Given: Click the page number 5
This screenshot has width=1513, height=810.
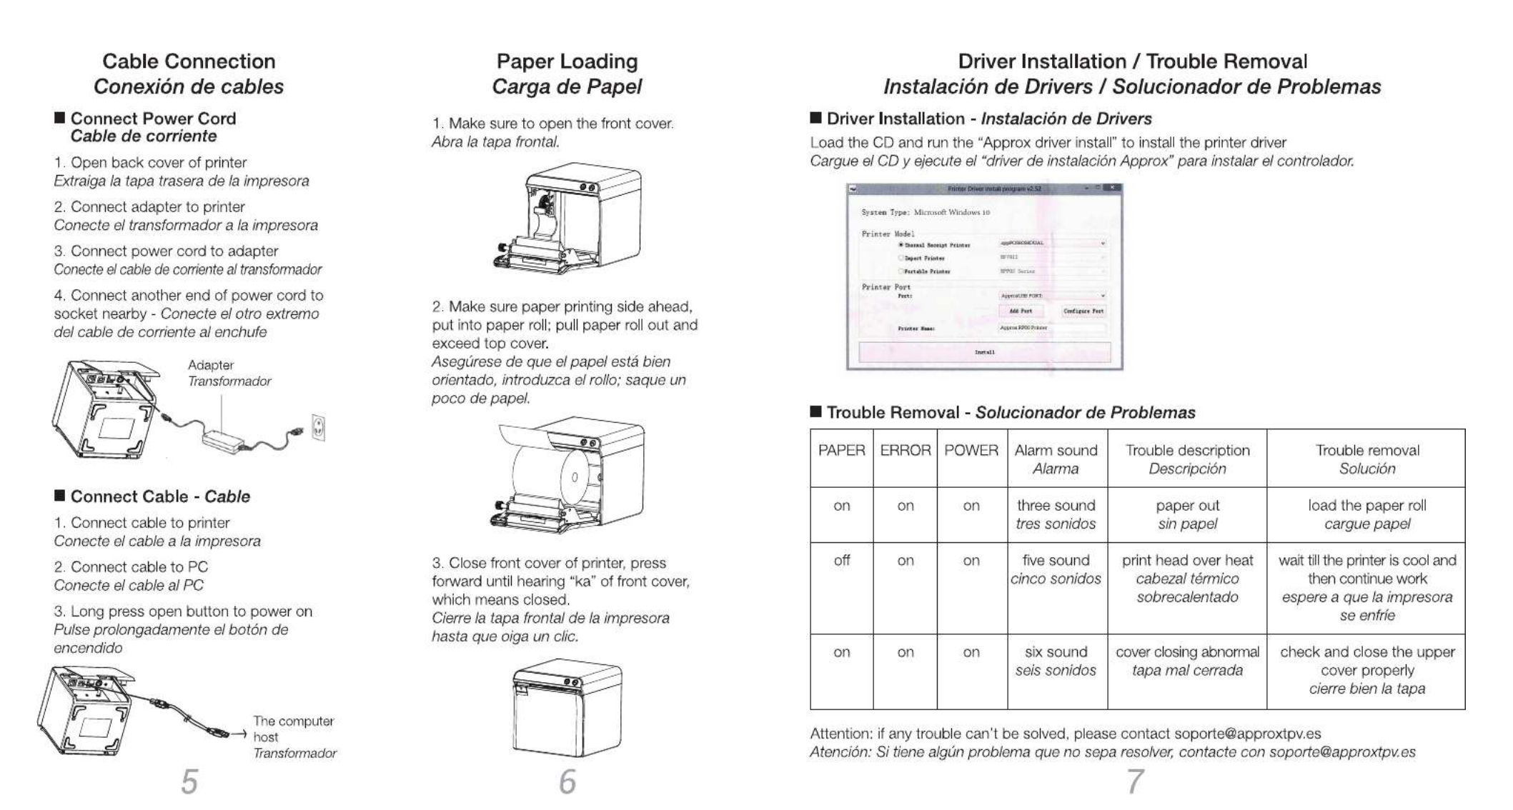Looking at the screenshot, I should pos(189,781).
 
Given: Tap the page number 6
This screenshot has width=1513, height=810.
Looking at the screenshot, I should pos(567,781).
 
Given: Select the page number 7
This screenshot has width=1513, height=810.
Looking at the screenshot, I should pos(1134,781).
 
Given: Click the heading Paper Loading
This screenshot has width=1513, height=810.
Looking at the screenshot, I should pos(567,61).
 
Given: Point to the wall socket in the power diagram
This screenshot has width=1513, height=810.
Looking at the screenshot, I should pos(319,427).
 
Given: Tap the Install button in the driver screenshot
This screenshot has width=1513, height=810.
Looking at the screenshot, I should pos(984,352).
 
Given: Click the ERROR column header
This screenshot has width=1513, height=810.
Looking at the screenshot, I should pos(905,451).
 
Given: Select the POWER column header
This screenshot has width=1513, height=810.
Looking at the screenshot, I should pos(971,451).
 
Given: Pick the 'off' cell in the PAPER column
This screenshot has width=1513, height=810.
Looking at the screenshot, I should pos(841,561).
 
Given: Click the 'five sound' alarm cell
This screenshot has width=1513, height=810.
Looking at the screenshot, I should pos(1056,561).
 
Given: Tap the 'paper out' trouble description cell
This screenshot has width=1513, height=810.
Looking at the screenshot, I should pos(1187,506).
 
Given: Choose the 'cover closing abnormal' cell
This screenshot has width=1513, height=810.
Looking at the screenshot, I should pos(1187,652).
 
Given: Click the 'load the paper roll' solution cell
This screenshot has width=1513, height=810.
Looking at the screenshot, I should pos(1366,506).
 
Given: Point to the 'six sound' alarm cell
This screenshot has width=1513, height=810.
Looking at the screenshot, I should pos(1056,652).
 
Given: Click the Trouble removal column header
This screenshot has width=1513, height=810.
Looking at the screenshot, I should pos(1366,451).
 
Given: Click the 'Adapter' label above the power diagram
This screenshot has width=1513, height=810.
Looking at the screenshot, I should pos(211,365).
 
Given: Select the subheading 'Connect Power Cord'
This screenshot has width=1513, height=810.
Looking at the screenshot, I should pos(153,119).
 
